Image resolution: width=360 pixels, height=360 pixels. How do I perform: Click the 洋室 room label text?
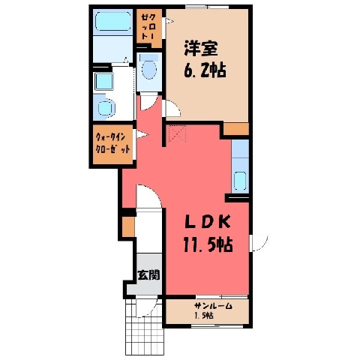(201, 48)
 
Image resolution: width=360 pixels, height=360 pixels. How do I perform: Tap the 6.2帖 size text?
(205, 70)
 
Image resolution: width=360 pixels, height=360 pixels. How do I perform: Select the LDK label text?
(208, 222)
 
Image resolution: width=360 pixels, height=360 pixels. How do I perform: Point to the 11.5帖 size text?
(208, 244)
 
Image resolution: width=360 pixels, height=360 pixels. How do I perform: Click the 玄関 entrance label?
(148, 274)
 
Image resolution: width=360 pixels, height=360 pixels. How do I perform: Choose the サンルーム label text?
(214, 306)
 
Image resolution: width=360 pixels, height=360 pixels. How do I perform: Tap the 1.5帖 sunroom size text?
(204, 316)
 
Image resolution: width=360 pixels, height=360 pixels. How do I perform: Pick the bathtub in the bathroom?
(113, 22)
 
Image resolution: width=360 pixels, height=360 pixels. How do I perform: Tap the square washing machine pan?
(103, 81)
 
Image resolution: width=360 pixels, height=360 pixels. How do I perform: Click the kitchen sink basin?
(240, 181)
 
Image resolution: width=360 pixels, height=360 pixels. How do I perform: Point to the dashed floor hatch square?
(177, 133)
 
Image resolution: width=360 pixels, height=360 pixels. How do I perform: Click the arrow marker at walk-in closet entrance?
(142, 135)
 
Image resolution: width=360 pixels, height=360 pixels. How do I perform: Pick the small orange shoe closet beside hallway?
(128, 226)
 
